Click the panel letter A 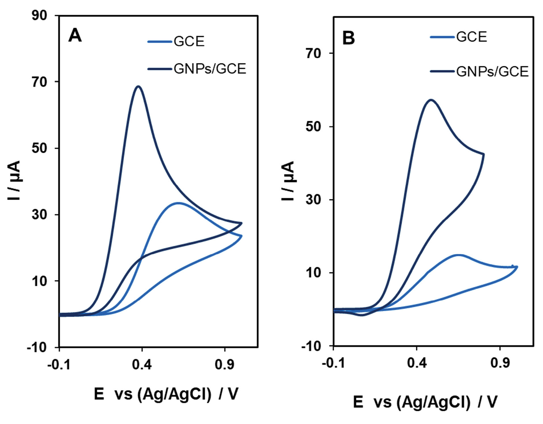coord(75,36)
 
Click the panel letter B coord(349,38)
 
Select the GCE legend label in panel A coord(189,41)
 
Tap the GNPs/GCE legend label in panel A coord(210,69)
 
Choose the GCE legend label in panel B coord(471,37)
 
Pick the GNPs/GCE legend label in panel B coord(492,71)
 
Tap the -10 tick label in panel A coord(37,347)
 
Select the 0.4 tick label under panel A coord(142,364)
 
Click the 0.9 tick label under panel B coord(500,363)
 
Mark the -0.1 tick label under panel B coord(333,363)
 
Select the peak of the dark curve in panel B coord(431,100)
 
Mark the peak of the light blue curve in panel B coord(458,255)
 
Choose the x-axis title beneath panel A coord(166,394)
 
